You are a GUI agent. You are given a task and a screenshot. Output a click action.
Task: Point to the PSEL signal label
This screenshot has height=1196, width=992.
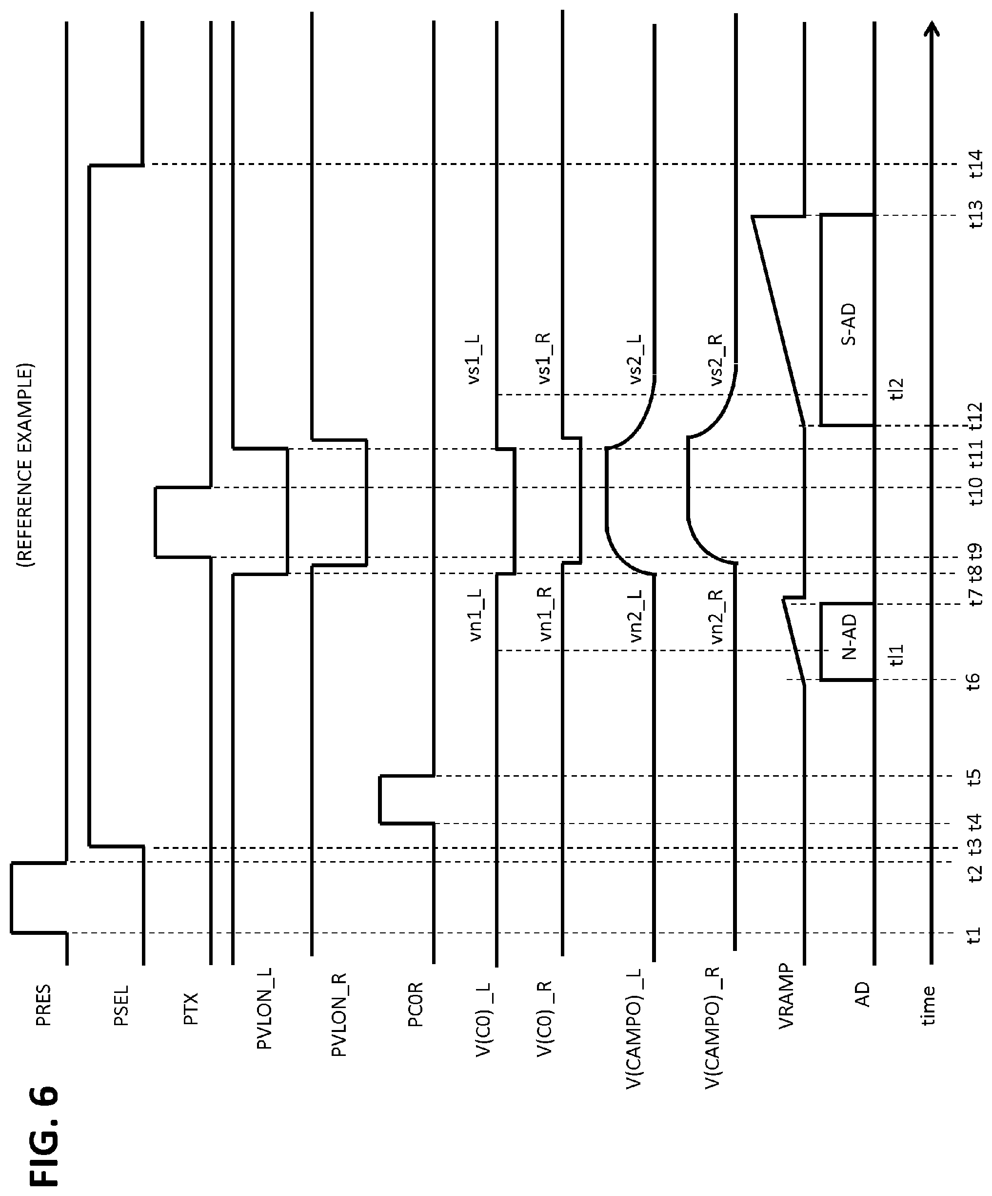[x=122, y=1005]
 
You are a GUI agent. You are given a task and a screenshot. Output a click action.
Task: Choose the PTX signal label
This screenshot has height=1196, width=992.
[x=192, y=1009]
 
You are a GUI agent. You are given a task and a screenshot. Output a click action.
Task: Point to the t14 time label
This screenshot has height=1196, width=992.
[x=975, y=164]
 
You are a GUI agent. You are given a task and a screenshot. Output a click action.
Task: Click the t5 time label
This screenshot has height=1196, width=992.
[x=975, y=776]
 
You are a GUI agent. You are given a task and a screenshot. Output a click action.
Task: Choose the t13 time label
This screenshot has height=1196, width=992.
[x=975, y=214]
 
